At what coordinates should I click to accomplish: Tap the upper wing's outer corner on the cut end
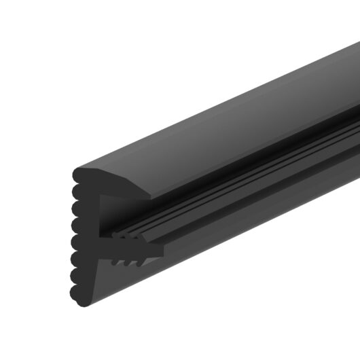[151, 199]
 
